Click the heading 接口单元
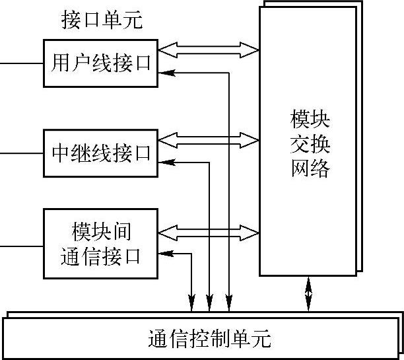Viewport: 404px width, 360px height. click(x=102, y=20)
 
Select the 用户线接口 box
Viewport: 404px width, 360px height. click(x=100, y=63)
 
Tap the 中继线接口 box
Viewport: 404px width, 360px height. click(x=100, y=153)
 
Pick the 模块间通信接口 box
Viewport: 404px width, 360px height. click(x=100, y=244)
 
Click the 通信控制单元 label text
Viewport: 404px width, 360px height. click(x=209, y=339)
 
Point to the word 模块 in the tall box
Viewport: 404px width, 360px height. click(x=310, y=120)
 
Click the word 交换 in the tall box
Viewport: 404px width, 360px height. click(x=310, y=145)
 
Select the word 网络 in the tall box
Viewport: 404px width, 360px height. click(x=310, y=169)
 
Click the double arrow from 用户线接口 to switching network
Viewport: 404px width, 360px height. click(x=209, y=49)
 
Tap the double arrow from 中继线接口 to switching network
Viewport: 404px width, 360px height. click(x=209, y=139)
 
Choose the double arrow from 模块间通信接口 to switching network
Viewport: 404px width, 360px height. click(x=209, y=231)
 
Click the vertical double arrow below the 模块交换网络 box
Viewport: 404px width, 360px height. click(x=308, y=293)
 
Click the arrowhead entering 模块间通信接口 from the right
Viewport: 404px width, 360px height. click(x=166, y=252)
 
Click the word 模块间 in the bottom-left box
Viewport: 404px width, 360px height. click(x=100, y=233)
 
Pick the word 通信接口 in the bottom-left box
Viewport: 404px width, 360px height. click(x=100, y=256)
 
